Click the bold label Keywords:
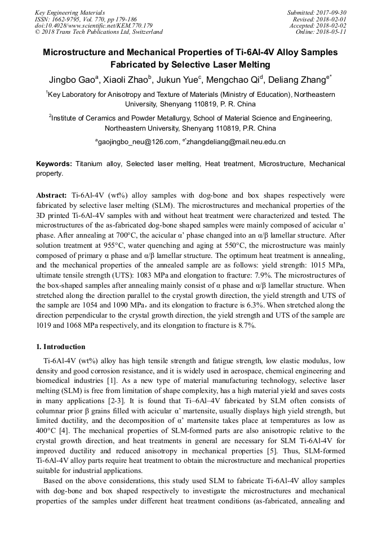54,164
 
